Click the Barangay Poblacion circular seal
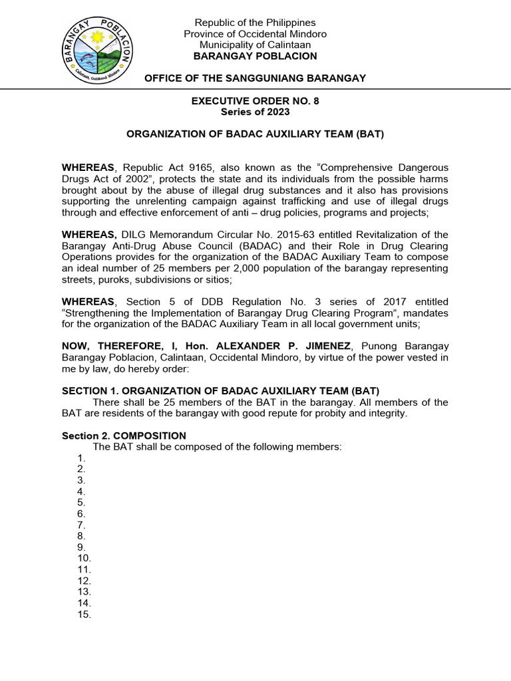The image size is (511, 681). click(x=98, y=49)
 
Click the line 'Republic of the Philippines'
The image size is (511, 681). click(x=255, y=23)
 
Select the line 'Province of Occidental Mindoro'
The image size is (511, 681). click(x=255, y=34)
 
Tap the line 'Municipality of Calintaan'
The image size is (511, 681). click(x=255, y=45)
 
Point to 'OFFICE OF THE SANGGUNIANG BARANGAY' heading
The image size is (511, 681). click(x=255, y=78)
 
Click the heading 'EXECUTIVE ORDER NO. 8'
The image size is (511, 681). click(x=255, y=101)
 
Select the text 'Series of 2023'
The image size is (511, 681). click(x=255, y=112)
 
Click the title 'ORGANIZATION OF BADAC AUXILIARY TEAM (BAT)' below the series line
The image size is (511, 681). click(x=255, y=134)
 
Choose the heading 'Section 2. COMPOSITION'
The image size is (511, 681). click(x=124, y=436)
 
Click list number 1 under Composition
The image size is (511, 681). click(x=81, y=458)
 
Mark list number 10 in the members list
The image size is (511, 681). click(x=84, y=559)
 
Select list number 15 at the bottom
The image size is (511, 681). click(x=84, y=614)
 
